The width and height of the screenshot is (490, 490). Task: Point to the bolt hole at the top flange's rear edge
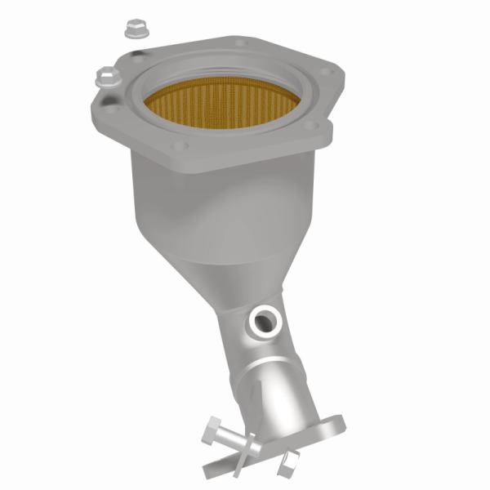point(239,42)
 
